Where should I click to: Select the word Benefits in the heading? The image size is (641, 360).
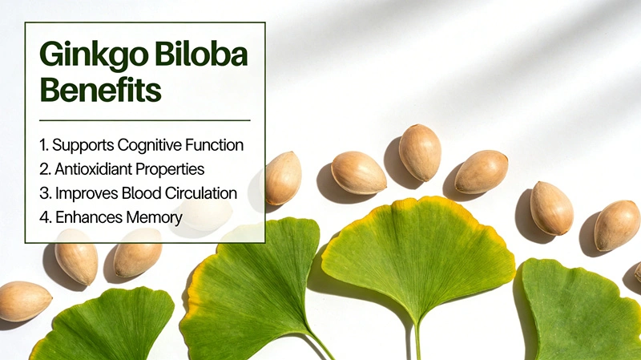[x=100, y=90]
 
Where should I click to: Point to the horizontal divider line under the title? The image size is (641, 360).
[x=144, y=119]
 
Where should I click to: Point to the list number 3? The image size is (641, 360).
[x=43, y=193]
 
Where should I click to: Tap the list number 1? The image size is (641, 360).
[x=42, y=146]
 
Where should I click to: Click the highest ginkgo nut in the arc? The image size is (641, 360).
[x=420, y=152]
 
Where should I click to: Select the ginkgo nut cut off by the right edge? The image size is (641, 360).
[x=638, y=273]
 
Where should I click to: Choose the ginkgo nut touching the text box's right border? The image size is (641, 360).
[x=282, y=177]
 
